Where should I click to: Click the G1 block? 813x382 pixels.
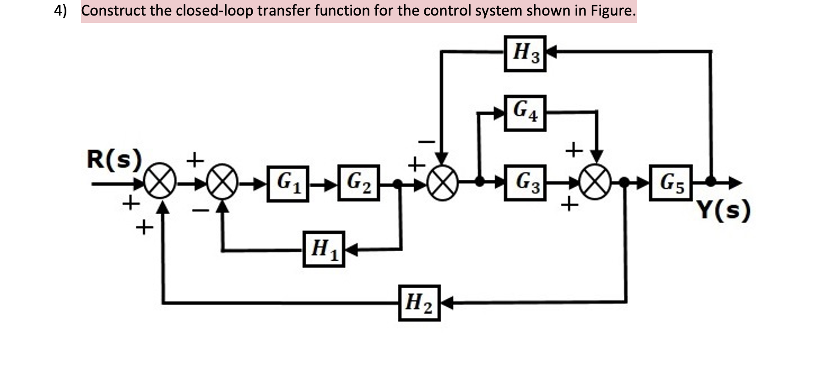(288, 183)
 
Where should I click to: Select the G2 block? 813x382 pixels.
(358, 183)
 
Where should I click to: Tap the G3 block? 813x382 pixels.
(525, 183)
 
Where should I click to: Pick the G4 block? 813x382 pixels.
(525, 113)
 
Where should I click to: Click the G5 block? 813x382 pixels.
(670, 183)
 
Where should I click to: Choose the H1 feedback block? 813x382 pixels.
(324, 249)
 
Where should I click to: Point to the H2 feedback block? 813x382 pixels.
(419, 303)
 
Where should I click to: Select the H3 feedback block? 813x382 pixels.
(525, 53)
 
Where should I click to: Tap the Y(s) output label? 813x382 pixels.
(724, 210)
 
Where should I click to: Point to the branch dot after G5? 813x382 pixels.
(710, 182)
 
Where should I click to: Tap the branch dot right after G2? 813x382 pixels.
(398, 184)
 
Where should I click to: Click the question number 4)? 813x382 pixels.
(60, 11)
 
